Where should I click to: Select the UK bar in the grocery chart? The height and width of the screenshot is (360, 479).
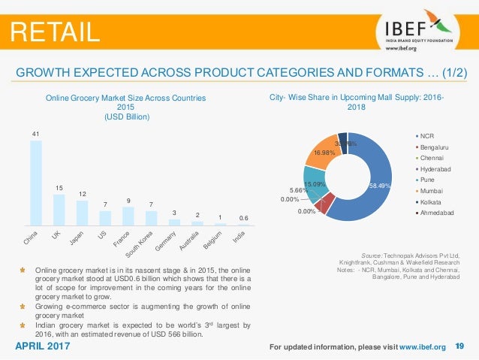[59, 210]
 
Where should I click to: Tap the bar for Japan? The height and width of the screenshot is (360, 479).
[82, 213]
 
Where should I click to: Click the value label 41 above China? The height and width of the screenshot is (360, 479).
[35, 134]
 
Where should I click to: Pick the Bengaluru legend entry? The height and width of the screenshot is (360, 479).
[435, 147]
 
